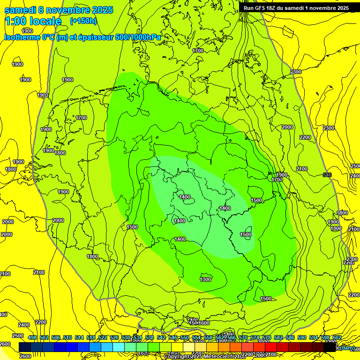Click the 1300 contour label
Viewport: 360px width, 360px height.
(205, 279)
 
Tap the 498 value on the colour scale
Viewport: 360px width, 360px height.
(32, 337)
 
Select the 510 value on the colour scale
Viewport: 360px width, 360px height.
(67, 337)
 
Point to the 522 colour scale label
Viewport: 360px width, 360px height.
(103, 337)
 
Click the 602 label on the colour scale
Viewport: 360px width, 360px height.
(337, 337)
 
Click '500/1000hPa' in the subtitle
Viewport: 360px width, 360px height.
(139, 37)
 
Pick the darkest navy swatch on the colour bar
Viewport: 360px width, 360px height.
(25, 347)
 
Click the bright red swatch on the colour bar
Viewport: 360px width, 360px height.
(271, 347)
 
